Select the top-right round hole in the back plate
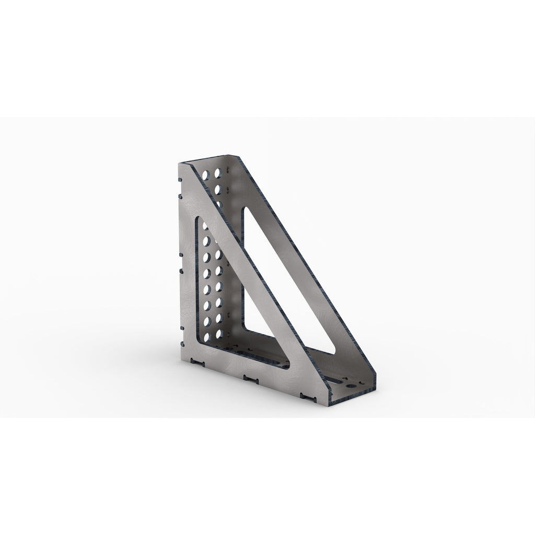(x=217, y=172)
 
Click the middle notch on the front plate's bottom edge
(x=251, y=377)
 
